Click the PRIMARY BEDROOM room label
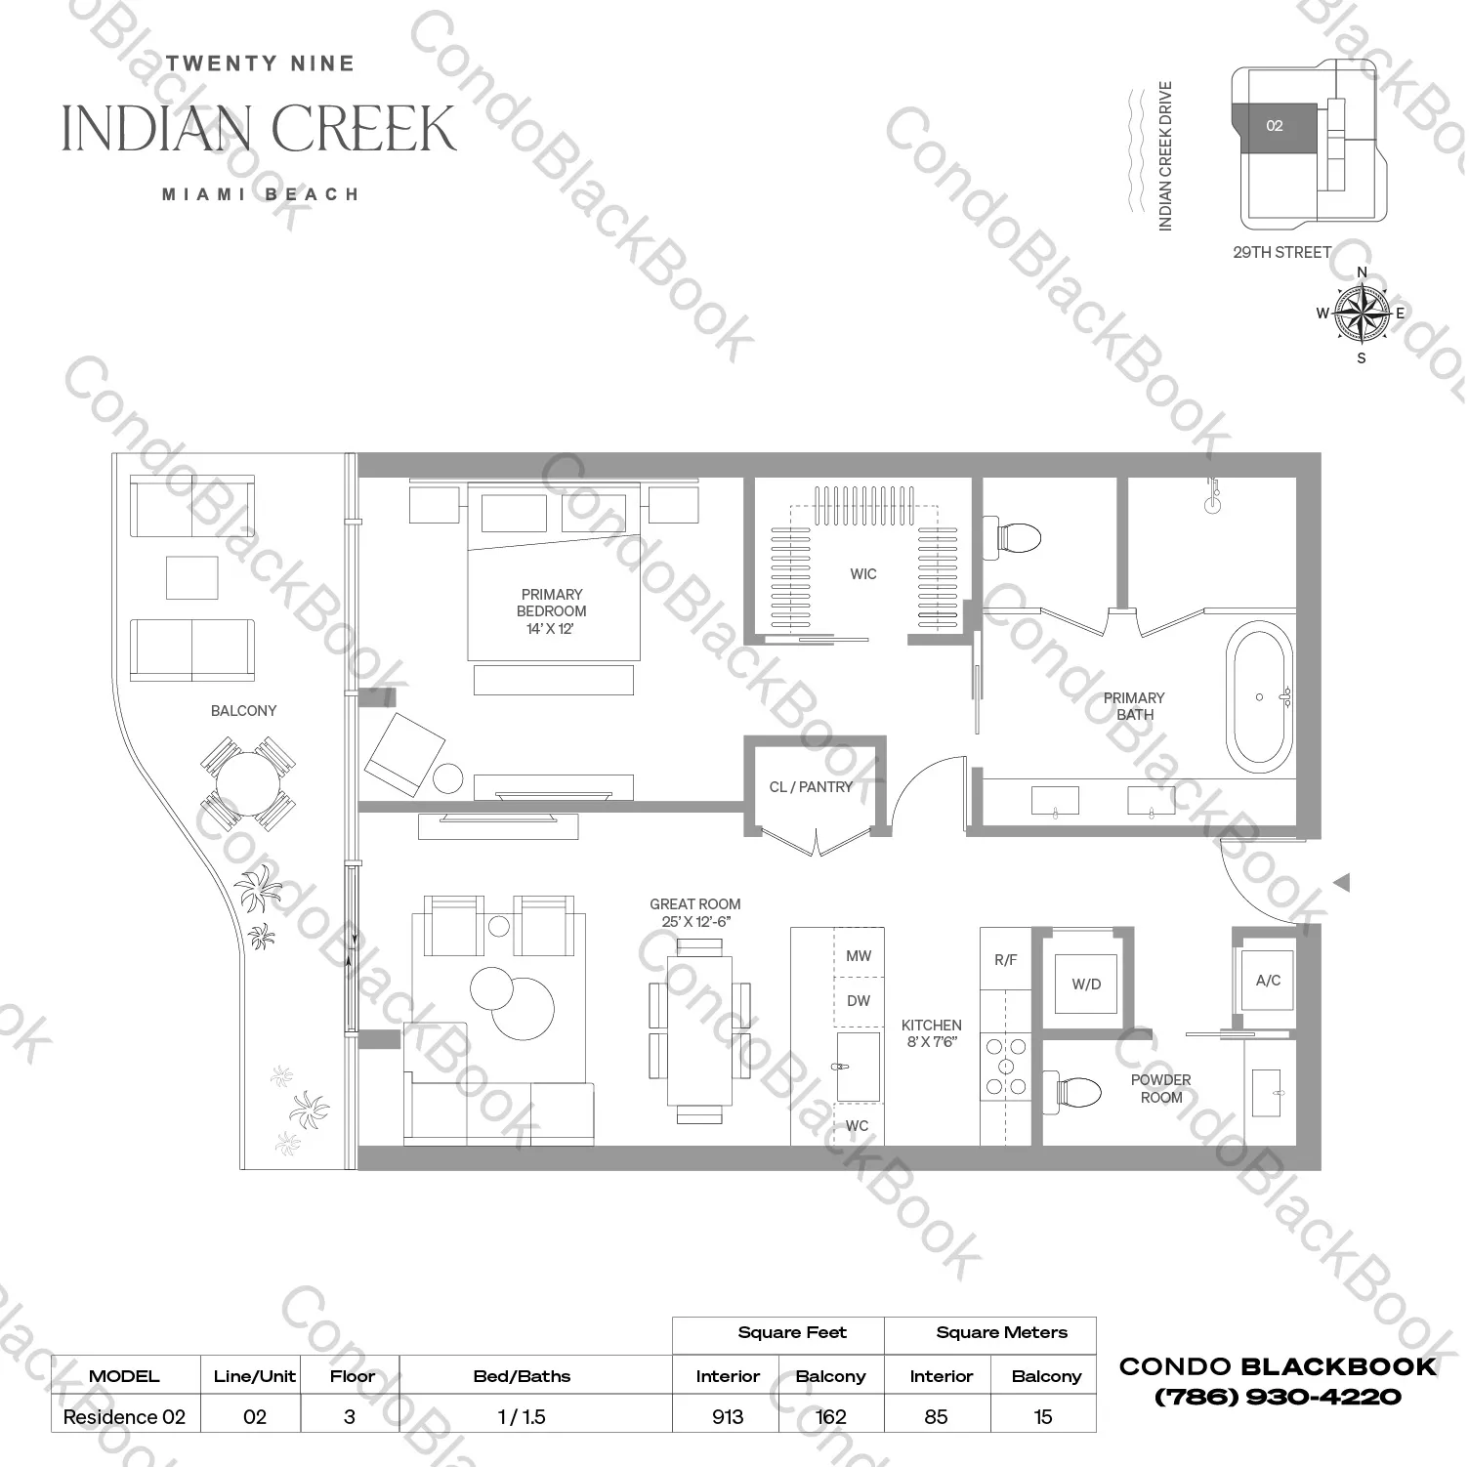pos(552,610)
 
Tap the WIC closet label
pos(862,574)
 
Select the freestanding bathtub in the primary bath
pos(1260,697)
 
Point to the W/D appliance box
pos(1086,985)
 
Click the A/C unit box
pos(1268,981)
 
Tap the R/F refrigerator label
pos(1005,960)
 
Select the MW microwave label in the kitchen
pos(859,956)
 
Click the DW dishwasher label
pos(859,1001)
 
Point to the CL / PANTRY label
pos(811,787)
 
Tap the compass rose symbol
pos(1362,314)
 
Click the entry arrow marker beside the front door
pos(1342,883)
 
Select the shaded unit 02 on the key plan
pos(1274,127)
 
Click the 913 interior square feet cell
pos(727,1417)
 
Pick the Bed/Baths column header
pos(522,1376)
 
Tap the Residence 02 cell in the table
pos(124,1417)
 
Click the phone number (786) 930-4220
pos(1278,1398)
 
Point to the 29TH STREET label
pos(1281,253)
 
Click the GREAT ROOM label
pos(695,913)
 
